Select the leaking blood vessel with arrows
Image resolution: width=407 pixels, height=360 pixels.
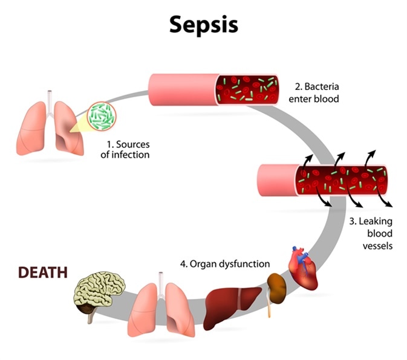pyautogui.click(x=321, y=180)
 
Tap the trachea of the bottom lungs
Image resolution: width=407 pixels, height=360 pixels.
pyautogui.click(x=161, y=280)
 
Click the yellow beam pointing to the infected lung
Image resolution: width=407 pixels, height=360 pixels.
pyautogui.click(x=79, y=125)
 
